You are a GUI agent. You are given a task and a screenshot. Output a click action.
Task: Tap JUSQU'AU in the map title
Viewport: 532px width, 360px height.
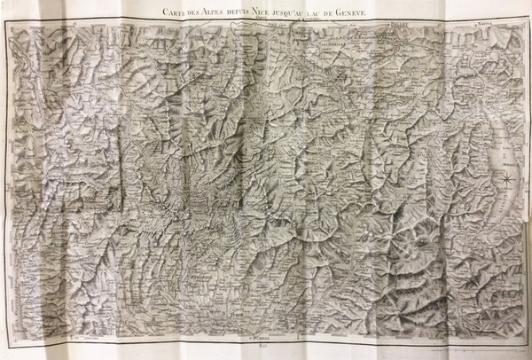click(x=289, y=12)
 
